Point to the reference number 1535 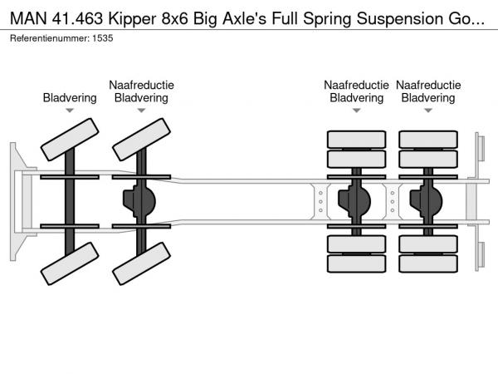[x=101, y=38]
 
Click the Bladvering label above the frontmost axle [x=70, y=98]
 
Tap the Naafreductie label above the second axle [x=141, y=85]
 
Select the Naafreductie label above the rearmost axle [x=428, y=85]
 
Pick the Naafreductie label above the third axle [x=357, y=85]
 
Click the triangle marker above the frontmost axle [x=70, y=110]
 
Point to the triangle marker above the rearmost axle [x=428, y=110]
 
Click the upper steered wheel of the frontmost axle [x=70, y=138]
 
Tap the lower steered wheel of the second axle [x=141, y=268]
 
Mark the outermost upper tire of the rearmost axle [x=428, y=138]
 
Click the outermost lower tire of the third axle [x=357, y=265]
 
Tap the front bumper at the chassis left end [x=16, y=199]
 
